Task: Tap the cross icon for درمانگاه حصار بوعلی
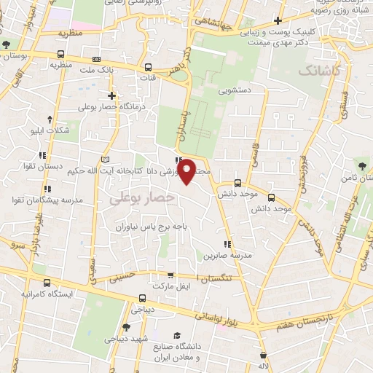coord(111,95)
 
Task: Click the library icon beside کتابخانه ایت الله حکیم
coord(107,160)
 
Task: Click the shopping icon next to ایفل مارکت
coord(170,276)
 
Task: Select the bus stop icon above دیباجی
coord(142,297)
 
